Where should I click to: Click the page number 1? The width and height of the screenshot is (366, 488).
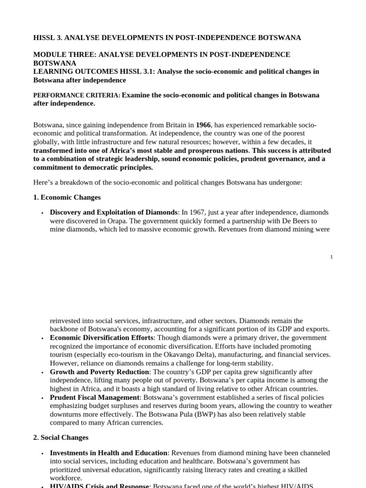(x=331, y=257)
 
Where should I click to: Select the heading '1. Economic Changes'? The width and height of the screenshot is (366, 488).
(x=67, y=197)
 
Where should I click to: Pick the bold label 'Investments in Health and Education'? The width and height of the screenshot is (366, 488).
(x=109, y=452)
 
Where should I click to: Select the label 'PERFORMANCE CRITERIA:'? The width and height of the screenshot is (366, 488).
(x=77, y=95)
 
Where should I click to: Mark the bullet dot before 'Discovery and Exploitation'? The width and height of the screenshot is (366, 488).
(x=42, y=212)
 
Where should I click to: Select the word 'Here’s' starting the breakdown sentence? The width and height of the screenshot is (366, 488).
(x=43, y=182)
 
